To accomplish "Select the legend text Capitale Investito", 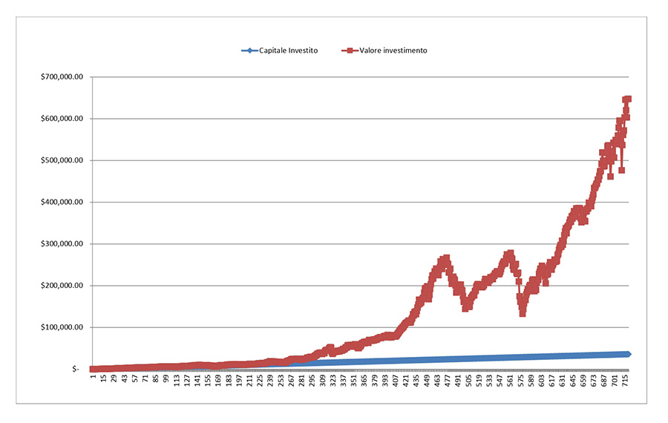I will point(288,50).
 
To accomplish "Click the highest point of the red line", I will point(627,99).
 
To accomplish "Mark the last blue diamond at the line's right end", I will point(628,354).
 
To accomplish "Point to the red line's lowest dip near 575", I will point(523,313).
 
